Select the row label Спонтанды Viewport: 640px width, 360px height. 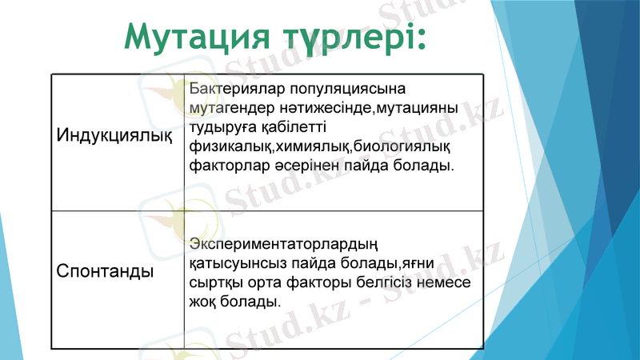(105, 271)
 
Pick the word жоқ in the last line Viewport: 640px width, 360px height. (204, 302)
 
